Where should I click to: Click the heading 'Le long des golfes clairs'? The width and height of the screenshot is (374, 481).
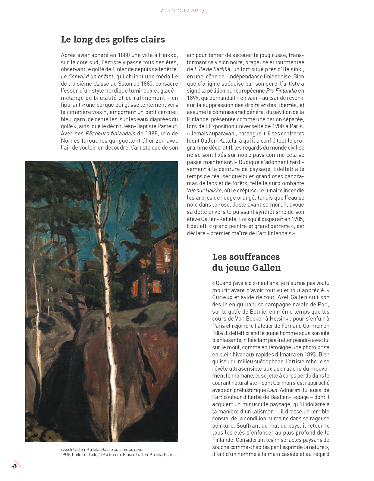pyautogui.click(x=113, y=40)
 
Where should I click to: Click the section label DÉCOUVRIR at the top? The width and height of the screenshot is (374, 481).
pyautogui.click(x=182, y=11)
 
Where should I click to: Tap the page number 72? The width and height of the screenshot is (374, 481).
pyautogui.click(x=14, y=466)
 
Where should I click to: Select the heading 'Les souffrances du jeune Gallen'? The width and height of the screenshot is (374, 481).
pyautogui.click(x=246, y=262)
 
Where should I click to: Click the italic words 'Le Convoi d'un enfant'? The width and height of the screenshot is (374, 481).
pyautogui.click(x=87, y=77)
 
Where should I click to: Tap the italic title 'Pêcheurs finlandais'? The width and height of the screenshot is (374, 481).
pyautogui.click(x=110, y=134)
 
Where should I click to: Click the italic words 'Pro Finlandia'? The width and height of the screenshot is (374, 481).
pyautogui.click(x=281, y=91)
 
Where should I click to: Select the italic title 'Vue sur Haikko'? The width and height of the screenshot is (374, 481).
pyautogui.click(x=204, y=191)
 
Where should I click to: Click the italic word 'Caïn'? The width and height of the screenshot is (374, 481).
pyautogui.click(x=272, y=390)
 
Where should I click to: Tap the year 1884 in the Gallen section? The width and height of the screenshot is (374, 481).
pyautogui.click(x=218, y=333)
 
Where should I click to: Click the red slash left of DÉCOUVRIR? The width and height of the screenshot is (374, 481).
pyautogui.click(x=162, y=11)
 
